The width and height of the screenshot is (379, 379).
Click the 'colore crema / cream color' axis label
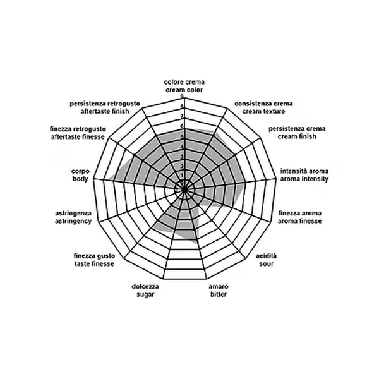pos(184,86)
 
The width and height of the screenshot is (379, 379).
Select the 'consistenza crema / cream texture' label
pos(263,107)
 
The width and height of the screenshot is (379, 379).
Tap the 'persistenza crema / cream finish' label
pos(297,133)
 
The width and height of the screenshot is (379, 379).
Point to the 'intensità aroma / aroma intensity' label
pos(304,175)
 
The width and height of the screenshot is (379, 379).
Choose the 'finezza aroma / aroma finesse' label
pos(299,217)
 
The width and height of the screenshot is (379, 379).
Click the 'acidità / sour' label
pos(266,260)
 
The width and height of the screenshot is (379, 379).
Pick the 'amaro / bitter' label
pos(219,291)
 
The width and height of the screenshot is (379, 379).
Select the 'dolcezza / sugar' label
pos(145,291)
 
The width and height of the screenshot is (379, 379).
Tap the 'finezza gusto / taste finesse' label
pos(94,260)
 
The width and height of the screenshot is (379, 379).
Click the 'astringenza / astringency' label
pos(73,217)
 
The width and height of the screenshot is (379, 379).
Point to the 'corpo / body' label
pos(80,175)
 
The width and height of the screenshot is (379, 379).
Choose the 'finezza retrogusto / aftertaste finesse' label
pos(78,133)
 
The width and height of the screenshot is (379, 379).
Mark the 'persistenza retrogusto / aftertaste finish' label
pos(105,107)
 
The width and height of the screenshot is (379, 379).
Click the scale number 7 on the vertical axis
pos(182,116)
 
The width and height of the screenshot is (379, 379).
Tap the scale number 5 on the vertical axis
pos(182,136)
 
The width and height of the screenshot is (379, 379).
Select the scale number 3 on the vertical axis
pos(182,157)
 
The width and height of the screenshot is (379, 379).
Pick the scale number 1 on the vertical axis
pos(182,175)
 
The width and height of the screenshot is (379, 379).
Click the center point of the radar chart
pos(184,189)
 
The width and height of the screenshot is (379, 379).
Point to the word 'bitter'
pos(219,294)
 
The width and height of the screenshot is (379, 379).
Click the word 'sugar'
pos(145,294)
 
